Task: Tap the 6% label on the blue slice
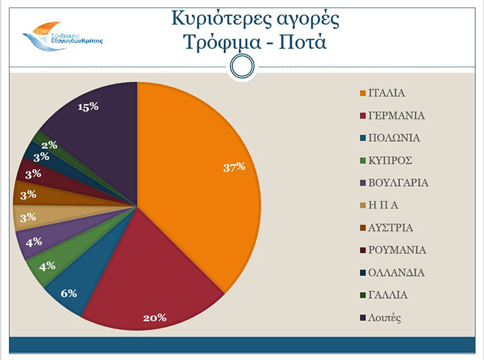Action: (69, 293)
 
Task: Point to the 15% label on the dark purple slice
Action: (88, 107)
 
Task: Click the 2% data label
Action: (49, 145)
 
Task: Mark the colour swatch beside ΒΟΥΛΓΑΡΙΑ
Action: (362, 183)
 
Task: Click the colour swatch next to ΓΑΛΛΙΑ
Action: (362, 295)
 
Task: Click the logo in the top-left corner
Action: (60, 35)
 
